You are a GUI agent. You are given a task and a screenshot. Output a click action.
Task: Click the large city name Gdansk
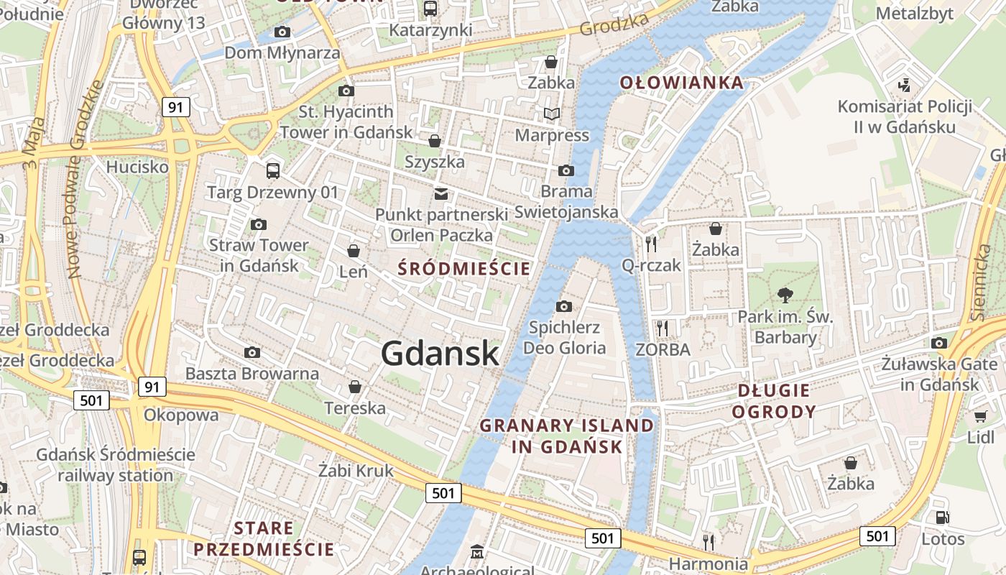439,354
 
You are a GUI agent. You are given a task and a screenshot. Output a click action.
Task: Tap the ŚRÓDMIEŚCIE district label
464,269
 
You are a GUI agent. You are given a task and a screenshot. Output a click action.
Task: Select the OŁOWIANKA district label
681,83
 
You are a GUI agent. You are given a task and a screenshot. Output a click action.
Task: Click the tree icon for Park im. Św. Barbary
785,294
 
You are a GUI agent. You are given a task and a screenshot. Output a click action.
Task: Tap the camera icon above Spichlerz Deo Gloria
564,307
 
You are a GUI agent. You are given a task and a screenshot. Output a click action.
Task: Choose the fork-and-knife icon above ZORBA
663,328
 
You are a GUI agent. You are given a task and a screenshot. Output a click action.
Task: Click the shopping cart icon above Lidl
980,416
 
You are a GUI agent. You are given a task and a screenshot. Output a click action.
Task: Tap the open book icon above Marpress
551,114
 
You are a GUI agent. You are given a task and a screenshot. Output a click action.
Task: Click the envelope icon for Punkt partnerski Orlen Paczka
441,194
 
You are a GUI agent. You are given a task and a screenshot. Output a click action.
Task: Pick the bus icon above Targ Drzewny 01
273,171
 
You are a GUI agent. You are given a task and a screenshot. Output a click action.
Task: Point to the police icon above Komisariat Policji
905,85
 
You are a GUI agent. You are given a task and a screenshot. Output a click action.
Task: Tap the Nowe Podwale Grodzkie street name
85,180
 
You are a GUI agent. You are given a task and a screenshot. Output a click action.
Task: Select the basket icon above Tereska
355,387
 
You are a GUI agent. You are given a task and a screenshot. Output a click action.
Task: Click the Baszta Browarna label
251,374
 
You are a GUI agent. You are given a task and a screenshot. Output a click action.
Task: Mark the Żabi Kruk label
356,471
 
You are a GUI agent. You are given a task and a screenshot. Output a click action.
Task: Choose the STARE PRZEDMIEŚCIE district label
264,539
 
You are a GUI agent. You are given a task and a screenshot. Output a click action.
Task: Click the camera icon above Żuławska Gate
939,343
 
